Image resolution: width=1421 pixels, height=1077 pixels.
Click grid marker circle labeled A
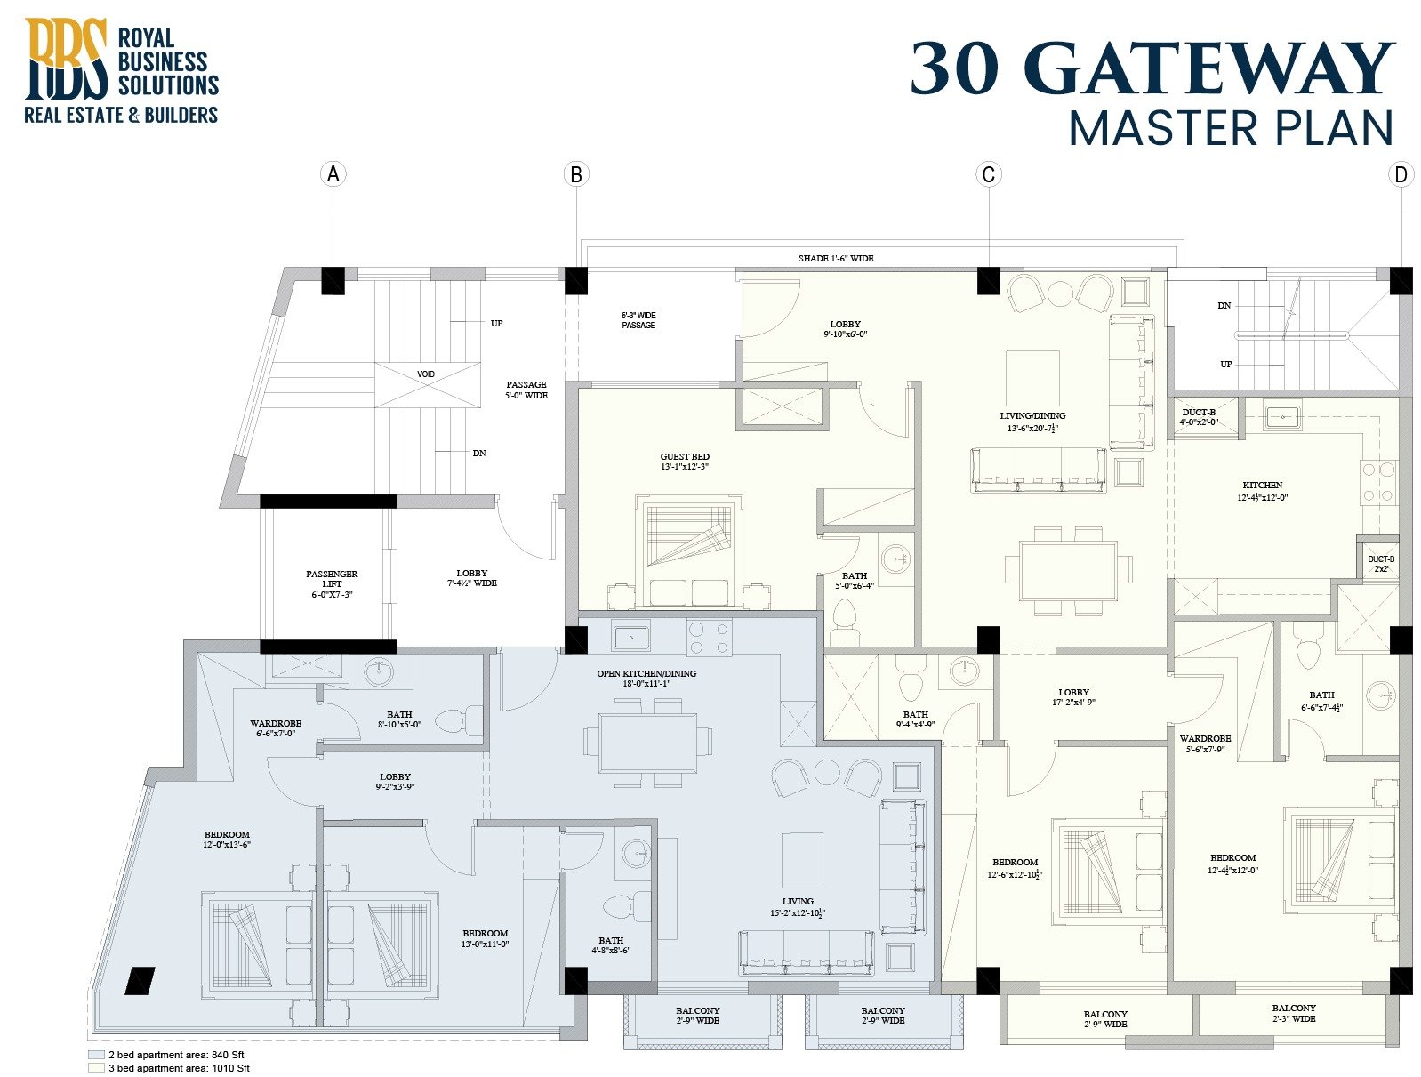click(x=333, y=173)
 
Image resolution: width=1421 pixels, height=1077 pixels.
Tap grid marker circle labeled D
click(x=1401, y=174)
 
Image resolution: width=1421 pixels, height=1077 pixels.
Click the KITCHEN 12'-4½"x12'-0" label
click(x=1262, y=491)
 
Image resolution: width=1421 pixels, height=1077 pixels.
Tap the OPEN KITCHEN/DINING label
click(x=646, y=679)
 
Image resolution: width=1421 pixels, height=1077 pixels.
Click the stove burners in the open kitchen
click(x=709, y=638)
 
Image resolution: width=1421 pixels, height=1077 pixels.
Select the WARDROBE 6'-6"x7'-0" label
click(x=276, y=728)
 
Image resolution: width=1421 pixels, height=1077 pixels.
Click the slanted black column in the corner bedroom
click(x=140, y=980)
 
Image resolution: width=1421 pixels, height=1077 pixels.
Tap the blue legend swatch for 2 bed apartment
click(x=96, y=1054)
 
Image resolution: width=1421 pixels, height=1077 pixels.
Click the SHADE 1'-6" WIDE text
click(x=835, y=258)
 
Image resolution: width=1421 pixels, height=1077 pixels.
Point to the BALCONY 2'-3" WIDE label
click(x=1293, y=1013)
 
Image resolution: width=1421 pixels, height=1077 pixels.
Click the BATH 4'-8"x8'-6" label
click(x=611, y=944)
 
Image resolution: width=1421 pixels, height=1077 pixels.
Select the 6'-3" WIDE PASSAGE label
click(x=638, y=320)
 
